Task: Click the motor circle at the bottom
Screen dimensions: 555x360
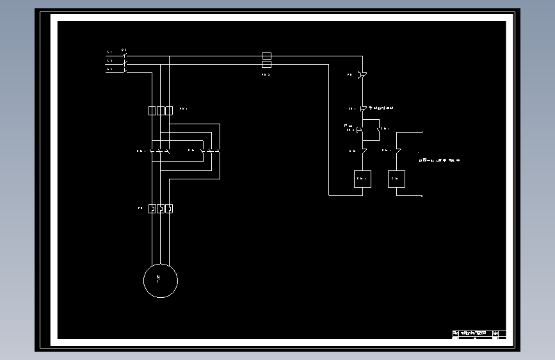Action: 160,281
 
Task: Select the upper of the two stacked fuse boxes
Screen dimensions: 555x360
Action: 267,56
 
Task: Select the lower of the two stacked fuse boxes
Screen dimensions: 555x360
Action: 267,65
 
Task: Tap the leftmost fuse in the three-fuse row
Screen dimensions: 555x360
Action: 152,111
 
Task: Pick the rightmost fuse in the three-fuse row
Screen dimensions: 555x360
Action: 169,111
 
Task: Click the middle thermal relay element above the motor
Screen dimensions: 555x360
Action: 161,208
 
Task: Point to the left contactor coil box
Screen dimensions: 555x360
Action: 362,179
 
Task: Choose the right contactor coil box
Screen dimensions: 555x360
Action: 396,179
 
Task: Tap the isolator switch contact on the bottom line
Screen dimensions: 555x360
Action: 125,71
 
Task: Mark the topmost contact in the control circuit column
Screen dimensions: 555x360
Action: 362,76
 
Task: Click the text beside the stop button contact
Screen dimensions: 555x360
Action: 382,108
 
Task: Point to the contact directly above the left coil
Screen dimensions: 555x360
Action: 363,151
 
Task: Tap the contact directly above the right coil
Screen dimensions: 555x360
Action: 397,151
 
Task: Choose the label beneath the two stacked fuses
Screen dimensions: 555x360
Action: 266,75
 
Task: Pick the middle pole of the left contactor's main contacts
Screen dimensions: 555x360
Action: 160,151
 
